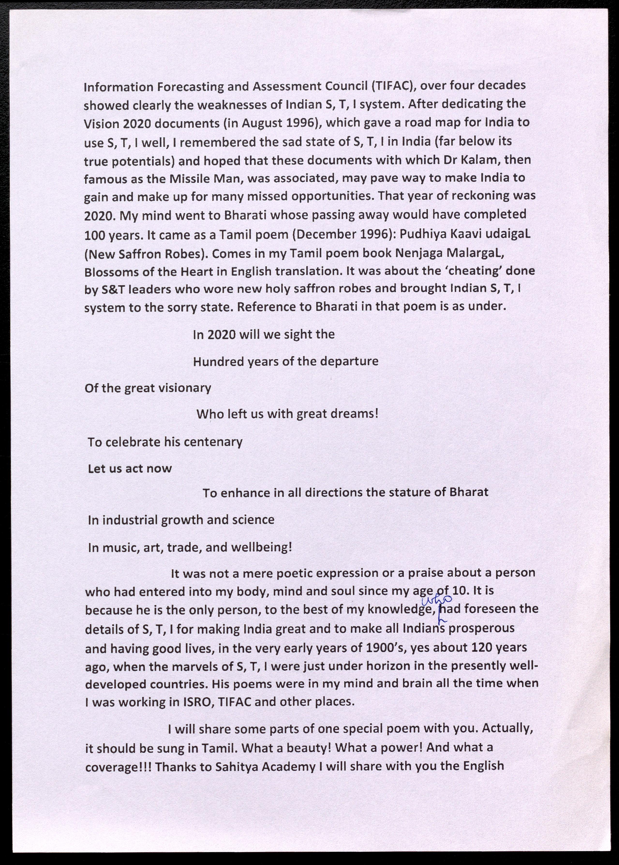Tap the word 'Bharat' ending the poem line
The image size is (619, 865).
click(x=469, y=492)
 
